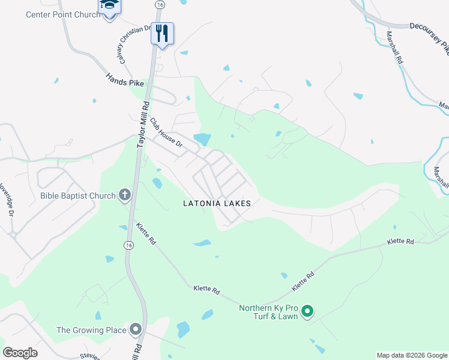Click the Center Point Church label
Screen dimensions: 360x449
tap(63, 14)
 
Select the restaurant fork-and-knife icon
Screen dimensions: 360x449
tap(161, 34)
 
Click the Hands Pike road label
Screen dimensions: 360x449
tap(125, 80)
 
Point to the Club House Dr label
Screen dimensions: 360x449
tap(166, 132)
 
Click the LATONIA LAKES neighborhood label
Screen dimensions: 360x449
tap(216, 204)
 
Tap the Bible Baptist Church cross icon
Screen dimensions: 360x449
tap(124, 194)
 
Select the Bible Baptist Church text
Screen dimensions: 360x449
tap(77, 196)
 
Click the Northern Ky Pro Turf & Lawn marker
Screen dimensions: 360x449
tap(307, 311)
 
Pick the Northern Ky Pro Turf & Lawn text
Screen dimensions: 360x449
tap(268, 312)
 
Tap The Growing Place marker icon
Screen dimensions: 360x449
tap(135, 329)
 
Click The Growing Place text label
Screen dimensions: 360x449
tap(91, 330)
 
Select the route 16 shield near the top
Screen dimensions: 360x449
tap(159, 4)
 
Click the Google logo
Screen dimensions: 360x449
tap(20, 353)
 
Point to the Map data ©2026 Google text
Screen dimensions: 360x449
tap(411, 355)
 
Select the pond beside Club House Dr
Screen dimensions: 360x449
tap(202, 139)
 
